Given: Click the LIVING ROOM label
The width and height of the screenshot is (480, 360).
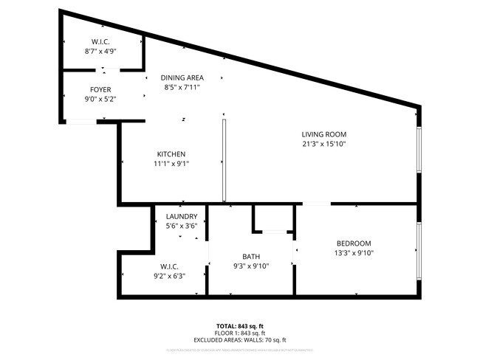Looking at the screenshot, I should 323,134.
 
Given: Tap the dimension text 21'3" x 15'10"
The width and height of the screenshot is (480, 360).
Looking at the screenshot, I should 323,144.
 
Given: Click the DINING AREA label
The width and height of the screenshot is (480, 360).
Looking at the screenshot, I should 181,77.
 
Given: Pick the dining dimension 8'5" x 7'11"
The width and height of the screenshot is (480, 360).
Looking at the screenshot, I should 181,87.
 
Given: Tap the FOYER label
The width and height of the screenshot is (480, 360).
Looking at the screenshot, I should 100,89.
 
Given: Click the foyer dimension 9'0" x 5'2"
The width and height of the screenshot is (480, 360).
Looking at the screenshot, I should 100,98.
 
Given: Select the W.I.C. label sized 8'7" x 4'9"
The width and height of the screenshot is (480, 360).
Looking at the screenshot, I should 101,42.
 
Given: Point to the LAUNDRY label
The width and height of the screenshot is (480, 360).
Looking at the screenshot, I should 181,216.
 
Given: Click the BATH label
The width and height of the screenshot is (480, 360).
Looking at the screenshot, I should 252,257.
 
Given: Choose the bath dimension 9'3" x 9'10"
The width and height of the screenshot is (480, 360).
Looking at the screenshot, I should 252,266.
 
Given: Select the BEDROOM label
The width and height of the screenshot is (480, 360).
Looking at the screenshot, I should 354,243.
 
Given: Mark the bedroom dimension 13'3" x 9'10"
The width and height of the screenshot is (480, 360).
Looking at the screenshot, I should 354,253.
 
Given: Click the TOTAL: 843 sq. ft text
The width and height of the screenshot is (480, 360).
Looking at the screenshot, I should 241,325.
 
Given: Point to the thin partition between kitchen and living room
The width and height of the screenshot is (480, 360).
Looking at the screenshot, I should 223,158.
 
